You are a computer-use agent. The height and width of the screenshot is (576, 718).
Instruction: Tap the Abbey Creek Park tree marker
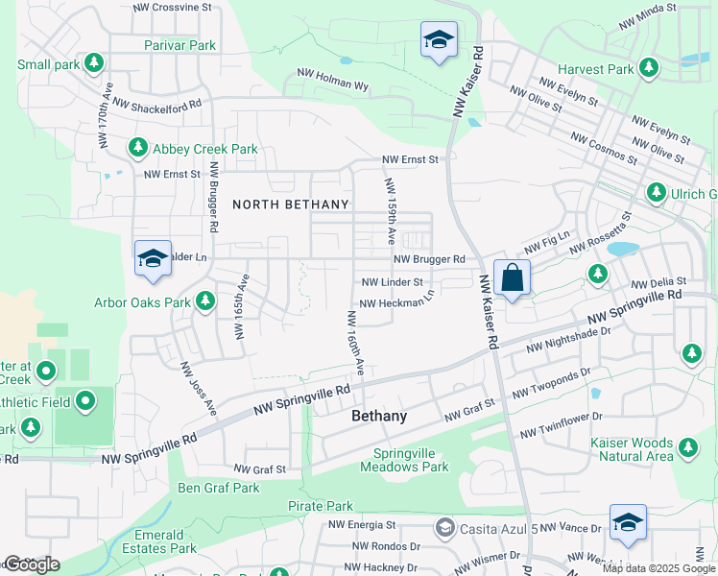(x=138, y=149)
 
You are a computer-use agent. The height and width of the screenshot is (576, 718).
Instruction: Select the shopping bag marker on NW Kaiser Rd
(x=513, y=277)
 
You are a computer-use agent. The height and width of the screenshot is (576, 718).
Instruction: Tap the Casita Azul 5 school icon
(x=444, y=527)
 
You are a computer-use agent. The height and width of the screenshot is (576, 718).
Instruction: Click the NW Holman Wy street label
(x=333, y=79)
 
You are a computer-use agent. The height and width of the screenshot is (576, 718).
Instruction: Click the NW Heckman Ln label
(x=396, y=301)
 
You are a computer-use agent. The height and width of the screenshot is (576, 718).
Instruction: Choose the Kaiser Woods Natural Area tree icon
(x=687, y=446)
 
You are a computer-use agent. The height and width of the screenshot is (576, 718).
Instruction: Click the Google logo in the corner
(x=32, y=564)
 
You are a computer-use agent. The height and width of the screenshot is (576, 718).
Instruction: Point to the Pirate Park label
(x=321, y=506)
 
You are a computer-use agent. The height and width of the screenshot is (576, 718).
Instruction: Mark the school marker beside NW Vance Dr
(x=628, y=522)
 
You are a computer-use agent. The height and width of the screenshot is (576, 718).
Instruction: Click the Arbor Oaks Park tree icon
(x=204, y=302)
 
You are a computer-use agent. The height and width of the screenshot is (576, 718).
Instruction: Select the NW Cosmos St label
(x=604, y=148)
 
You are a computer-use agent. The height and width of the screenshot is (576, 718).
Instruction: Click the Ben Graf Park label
(x=219, y=488)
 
